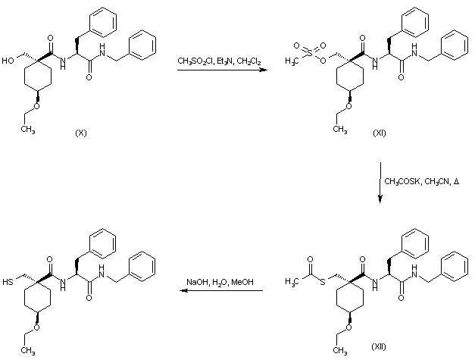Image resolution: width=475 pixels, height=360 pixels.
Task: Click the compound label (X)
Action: coord(81,133)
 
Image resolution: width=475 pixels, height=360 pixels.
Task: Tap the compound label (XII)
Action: coord(379,346)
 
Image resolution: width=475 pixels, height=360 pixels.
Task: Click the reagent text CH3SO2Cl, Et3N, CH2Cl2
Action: coord(219,60)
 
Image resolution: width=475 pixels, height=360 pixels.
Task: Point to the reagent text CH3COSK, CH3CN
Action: coord(416,181)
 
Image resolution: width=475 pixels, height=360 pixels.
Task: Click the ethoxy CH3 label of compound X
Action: coord(28,129)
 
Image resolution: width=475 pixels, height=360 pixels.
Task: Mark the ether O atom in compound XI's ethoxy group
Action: coord(344,106)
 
